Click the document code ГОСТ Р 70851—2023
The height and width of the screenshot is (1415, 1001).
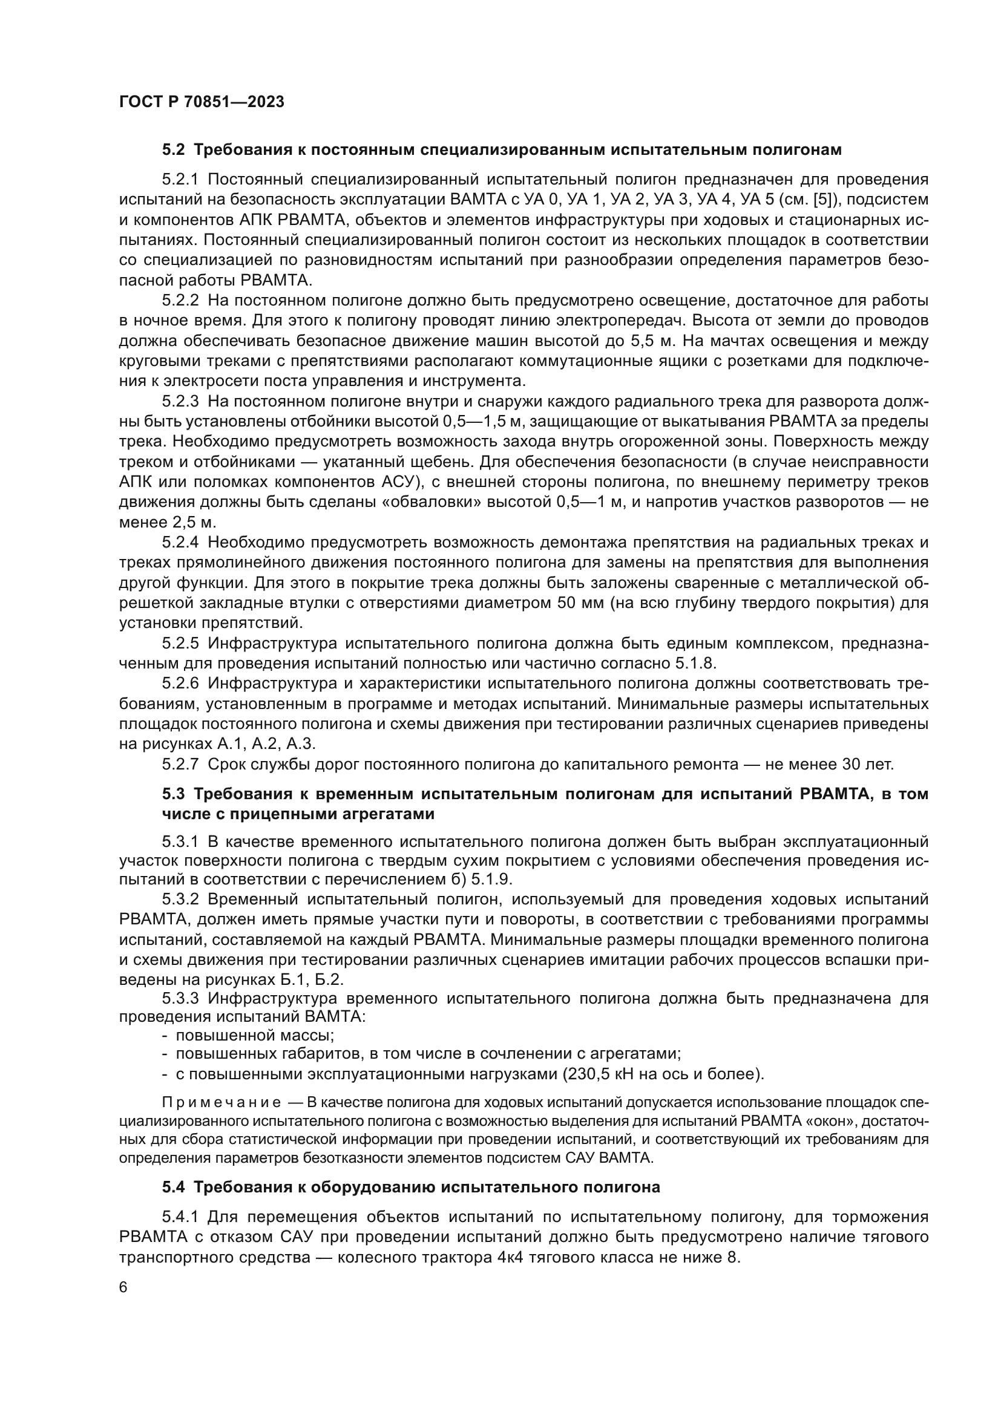coord(202,102)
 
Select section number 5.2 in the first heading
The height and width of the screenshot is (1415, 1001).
coord(173,150)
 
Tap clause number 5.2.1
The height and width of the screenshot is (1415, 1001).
coord(180,179)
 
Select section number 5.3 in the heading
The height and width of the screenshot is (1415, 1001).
coord(173,794)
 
